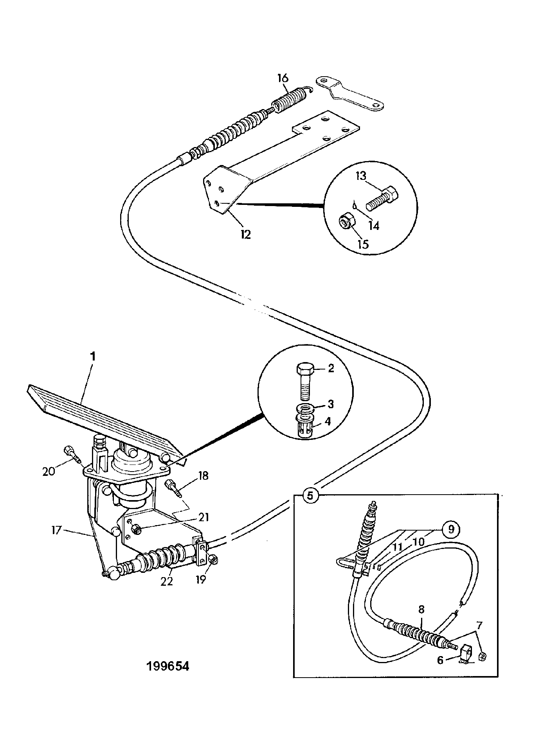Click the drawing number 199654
(x=167, y=666)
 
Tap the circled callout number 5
(x=310, y=495)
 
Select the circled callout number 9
(x=451, y=529)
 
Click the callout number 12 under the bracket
(x=245, y=235)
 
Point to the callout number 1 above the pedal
(x=93, y=357)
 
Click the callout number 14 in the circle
(x=374, y=225)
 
